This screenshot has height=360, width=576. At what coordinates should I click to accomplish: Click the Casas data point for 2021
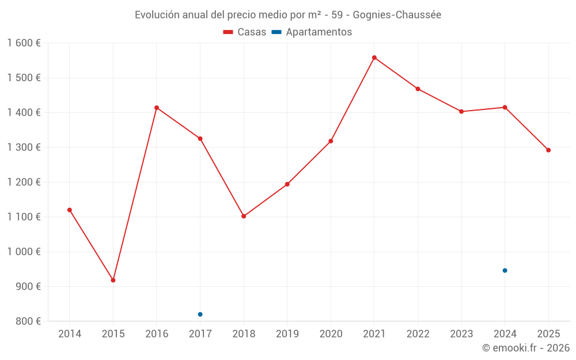coord(374,58)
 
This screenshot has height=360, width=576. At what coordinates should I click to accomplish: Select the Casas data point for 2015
coord(113,280)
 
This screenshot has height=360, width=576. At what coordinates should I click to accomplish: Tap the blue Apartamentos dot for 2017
coord(200,314)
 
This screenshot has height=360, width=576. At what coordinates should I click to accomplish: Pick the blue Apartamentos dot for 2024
coord(505,270)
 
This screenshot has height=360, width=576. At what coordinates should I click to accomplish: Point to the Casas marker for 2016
coord(157,108)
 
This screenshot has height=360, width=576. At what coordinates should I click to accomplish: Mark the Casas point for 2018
coord(244,216)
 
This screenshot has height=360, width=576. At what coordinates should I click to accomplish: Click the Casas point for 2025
coord(548,150)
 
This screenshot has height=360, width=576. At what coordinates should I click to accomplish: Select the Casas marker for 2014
coord(70,210)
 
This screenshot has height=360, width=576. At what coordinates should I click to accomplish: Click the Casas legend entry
coord(245,32)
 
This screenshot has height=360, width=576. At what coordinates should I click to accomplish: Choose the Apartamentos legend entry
coord(312,32)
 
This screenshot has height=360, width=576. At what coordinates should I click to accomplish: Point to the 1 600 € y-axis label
coord(24,43)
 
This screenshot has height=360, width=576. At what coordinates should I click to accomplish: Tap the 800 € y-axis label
coord(28,321)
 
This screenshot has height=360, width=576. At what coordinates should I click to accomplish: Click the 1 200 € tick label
coord(24,182)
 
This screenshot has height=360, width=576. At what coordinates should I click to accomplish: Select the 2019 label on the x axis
coord(287,334)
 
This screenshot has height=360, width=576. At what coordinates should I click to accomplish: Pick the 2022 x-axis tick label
coord(418,334)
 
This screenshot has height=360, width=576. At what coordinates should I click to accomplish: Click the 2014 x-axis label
coord(70,334)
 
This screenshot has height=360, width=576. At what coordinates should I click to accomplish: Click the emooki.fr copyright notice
coord(525,348)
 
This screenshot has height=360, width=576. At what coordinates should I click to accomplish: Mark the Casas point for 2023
coord(461,111)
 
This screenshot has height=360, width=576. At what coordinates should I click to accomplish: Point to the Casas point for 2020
coord(331,141)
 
